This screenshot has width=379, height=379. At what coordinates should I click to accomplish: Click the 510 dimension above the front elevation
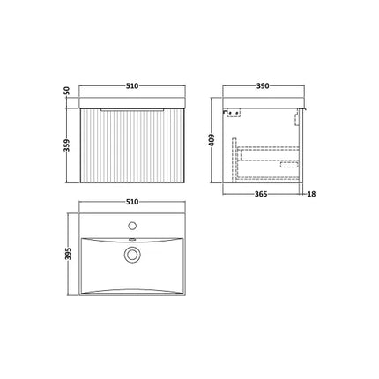(x=131, y=86)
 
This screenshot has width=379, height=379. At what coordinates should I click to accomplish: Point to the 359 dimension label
(x=67, y=145)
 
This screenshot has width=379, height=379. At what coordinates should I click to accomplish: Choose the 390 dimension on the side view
(x=263, y=86)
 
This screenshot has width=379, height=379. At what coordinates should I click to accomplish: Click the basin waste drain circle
(x=132, y=255)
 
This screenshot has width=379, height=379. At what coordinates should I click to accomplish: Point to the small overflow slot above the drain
(x=132, y=238)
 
